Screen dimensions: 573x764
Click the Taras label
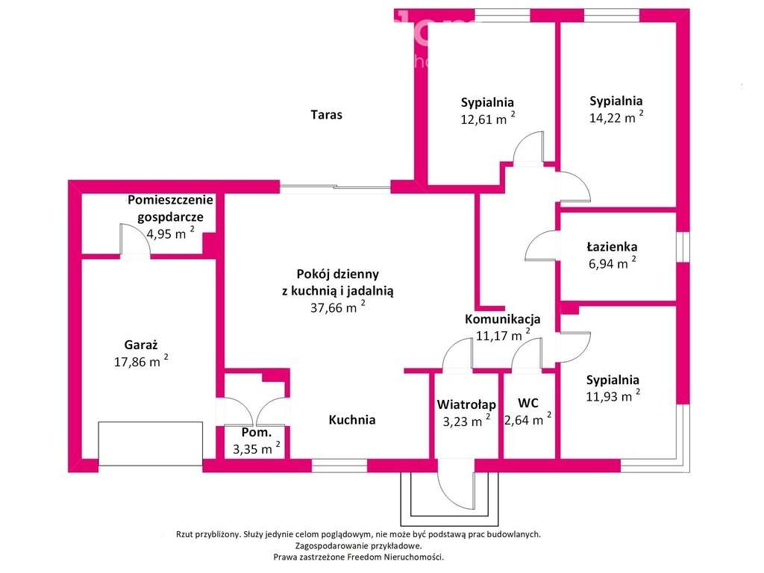click(326, 115)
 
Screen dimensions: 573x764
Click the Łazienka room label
click(612, 247)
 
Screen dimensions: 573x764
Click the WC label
click(527, 403)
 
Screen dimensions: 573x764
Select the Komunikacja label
click(502, 319)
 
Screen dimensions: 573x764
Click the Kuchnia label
click(352, 420)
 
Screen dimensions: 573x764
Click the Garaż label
click(141, 345)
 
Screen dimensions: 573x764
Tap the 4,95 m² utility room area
click(167, 233)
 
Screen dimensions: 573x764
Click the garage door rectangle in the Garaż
click(151, 443)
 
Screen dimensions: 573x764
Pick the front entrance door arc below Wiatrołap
click(454, 487)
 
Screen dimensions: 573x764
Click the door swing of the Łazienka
click(541, 246)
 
